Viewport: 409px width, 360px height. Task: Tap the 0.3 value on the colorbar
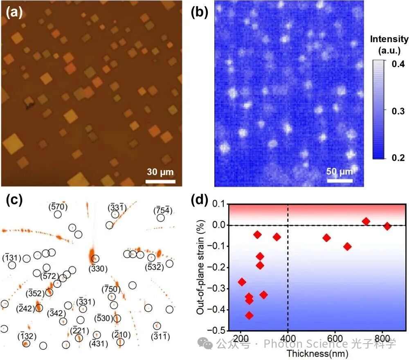pos(398,111)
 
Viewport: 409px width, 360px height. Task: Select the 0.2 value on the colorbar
pos(398,158)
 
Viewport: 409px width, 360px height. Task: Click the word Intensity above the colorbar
pos(389,39)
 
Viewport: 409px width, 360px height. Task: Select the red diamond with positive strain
pos(366,221)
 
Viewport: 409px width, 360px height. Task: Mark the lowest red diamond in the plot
pos(249,315)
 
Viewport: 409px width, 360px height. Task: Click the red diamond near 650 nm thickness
pos(348,246)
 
